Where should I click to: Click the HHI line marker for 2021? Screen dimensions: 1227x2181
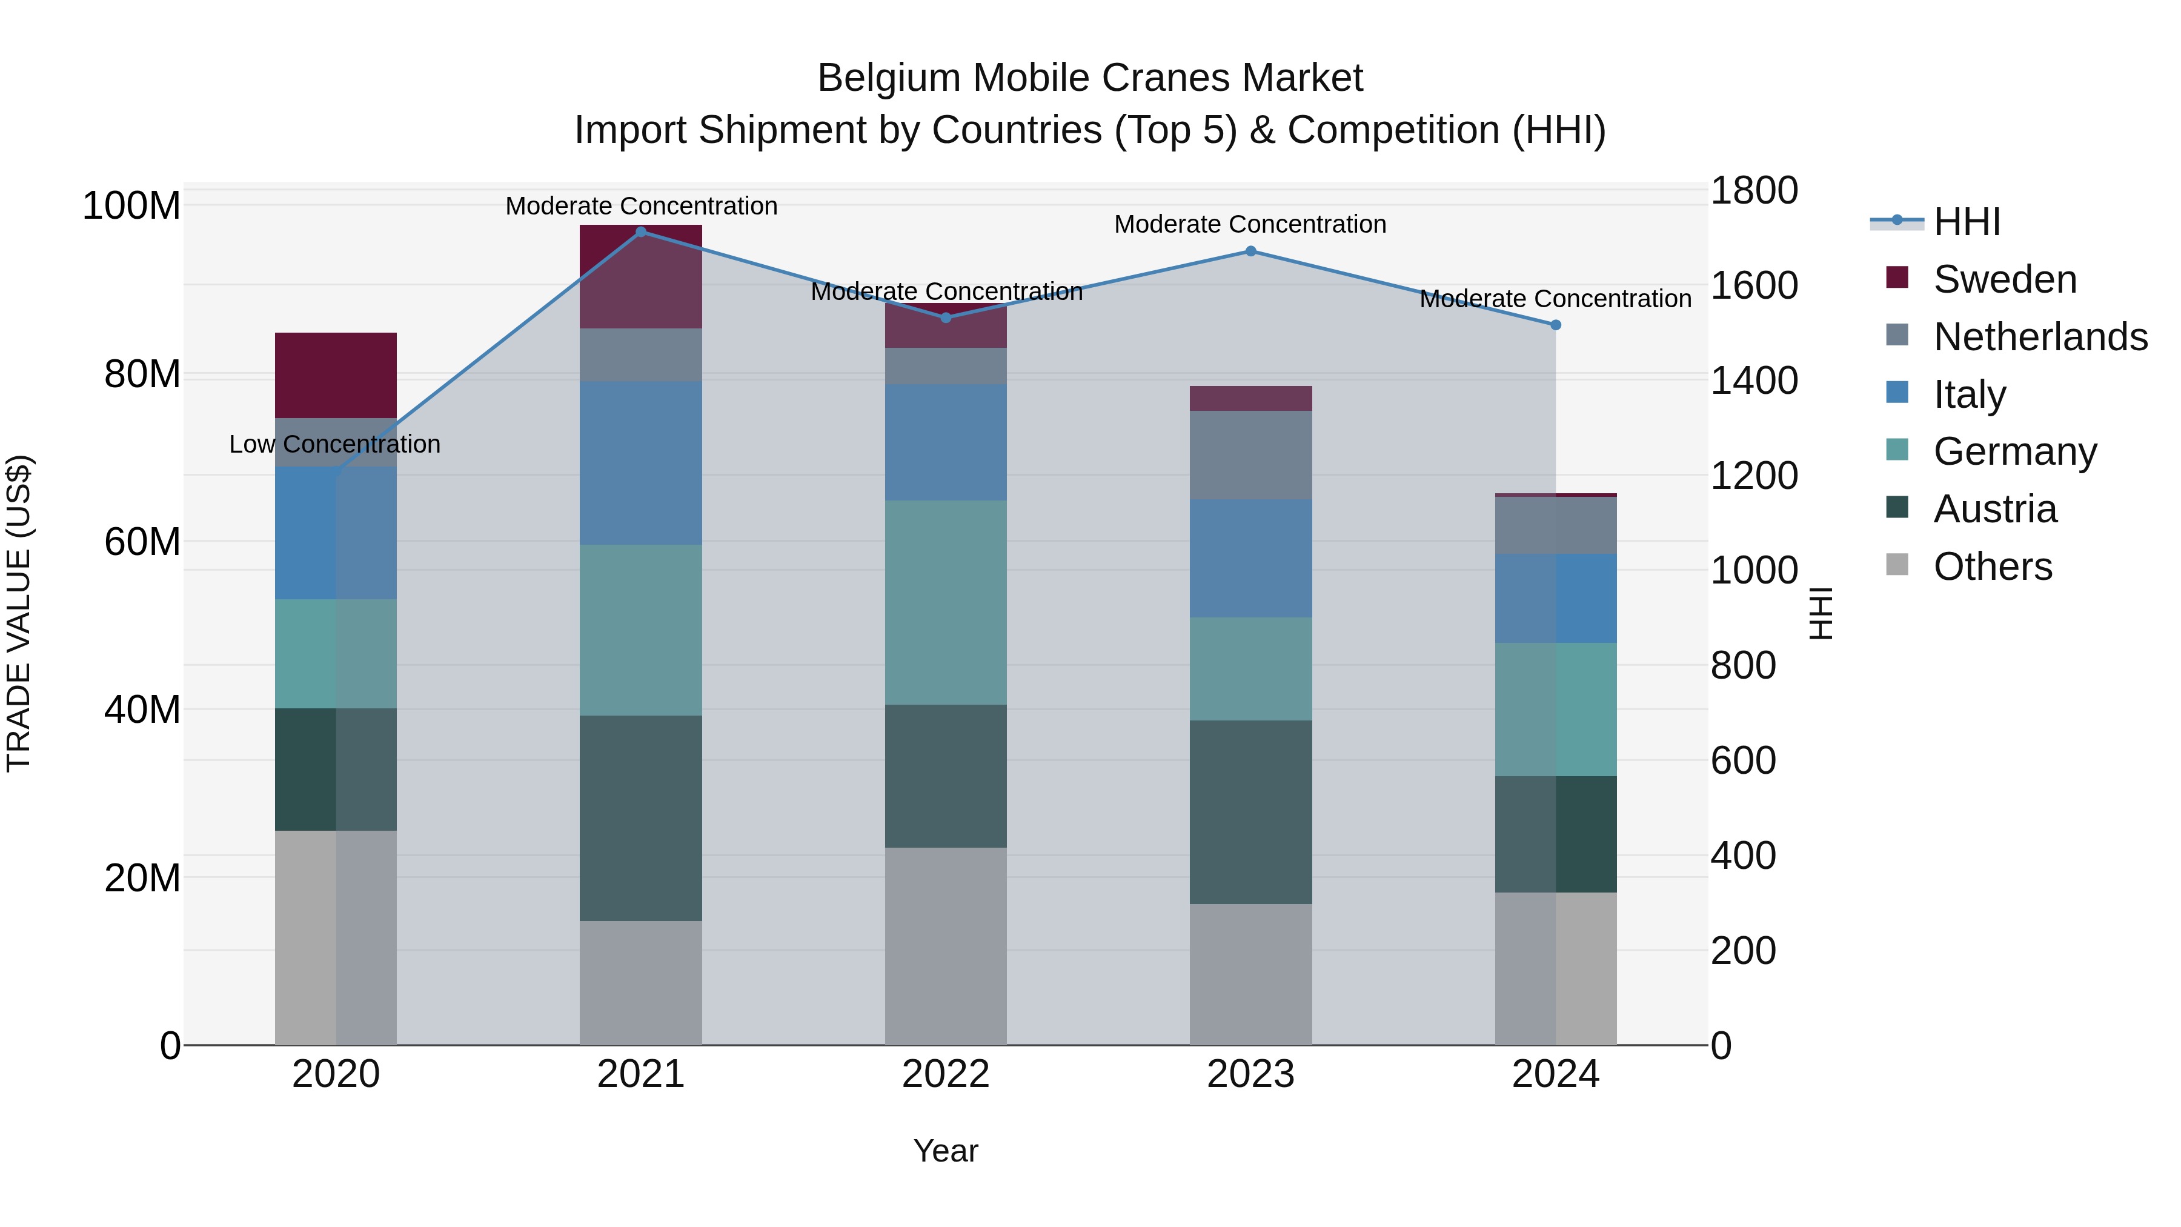[x=641, y=232]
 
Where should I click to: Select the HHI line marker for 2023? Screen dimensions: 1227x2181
[x=1250, y=251]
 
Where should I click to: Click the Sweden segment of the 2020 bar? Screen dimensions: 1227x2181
[x=336, y=375]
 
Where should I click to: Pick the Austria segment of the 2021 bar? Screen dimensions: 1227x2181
[x=641, y=818]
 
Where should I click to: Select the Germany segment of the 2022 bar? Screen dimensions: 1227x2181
[x=946, y=602]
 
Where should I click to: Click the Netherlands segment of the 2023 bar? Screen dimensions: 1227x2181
[x=1250, y=454]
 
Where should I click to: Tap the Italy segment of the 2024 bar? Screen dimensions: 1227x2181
[x=1555, y=598]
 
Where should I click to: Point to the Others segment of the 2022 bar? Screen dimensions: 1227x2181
[x=946, y=946]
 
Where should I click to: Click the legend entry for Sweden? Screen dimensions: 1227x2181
[x=2004, y=279]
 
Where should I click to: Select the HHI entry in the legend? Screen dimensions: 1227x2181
[x=1966, y=222]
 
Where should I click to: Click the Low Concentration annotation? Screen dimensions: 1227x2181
[x=335, y=445]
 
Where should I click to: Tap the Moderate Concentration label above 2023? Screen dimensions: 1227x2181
[x=1250, y=224]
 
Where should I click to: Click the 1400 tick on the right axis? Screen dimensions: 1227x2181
[x=1753, y=380]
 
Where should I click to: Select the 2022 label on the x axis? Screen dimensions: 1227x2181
[x=946, y=1074]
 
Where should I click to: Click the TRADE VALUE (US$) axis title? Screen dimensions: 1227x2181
[x=19, y=613]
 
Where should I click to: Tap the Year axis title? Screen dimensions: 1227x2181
[x=946, y=1151]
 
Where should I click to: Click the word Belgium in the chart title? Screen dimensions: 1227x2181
[x=888, y=78]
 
